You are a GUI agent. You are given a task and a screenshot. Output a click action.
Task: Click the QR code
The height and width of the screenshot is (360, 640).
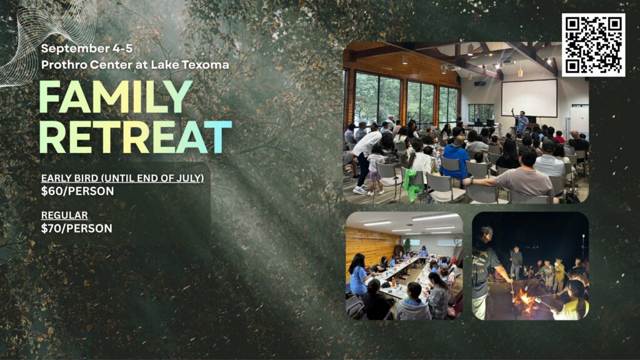[x=594, y=45]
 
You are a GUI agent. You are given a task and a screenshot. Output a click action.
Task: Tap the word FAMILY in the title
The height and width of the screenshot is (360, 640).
[x=116, y=97]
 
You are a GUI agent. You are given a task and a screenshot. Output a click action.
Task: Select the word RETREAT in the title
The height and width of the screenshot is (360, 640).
[x=136, y=137]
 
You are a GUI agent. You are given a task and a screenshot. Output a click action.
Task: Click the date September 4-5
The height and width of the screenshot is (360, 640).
[x=86, y=48]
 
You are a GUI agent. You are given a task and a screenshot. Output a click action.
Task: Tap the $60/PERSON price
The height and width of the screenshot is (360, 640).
[x=77, y=191]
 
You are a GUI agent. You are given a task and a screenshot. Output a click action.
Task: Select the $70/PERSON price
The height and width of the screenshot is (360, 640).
[x=77, y=228]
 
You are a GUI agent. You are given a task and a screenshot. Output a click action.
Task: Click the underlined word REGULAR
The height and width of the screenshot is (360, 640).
[x=64, y=215]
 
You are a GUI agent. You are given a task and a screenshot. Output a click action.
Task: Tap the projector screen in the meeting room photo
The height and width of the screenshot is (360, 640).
[x=529, y=98]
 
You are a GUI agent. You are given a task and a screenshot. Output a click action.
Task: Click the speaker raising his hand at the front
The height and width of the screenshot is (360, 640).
[x=520, y=121]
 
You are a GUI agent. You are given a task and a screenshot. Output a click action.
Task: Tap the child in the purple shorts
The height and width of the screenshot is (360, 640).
[x=375, y=168]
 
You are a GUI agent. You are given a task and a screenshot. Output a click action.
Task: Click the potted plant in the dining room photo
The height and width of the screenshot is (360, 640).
[x=407, y=245]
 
